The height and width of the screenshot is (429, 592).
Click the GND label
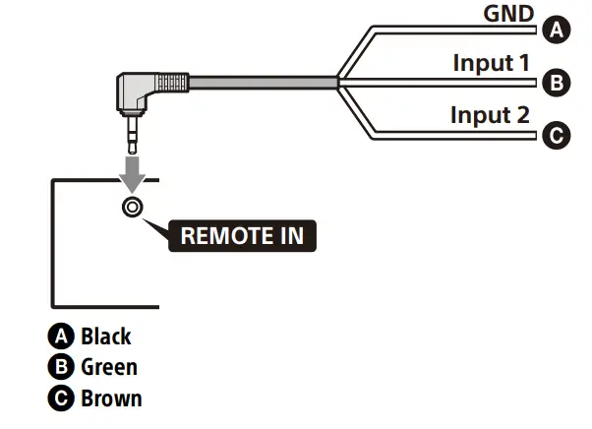[x=508, y=14]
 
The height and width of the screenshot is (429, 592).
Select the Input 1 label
[x=491, y=63]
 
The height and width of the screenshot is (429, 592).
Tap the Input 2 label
[x=490, y=115]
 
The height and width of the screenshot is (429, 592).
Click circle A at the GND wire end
[x=557, y=30]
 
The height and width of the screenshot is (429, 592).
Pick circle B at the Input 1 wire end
[x=557, y=83]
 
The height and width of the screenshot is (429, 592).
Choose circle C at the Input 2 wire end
[x=557, y=135]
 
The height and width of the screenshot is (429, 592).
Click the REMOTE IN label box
[x=242, y=235]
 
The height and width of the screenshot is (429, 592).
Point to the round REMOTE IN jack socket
[x=133, y=207]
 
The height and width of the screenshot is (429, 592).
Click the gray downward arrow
[x=132, y=174]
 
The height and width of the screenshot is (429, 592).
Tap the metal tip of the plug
[x=132, y=135]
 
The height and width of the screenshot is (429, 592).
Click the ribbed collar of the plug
[x=172, y=83]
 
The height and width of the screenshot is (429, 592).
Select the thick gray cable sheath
[x=264, y=83]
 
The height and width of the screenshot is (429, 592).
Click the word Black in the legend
[x=106, y=337]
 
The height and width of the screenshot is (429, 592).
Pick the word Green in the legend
[x=109, y=367]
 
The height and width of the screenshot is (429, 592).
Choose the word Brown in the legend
[x=112, y=398]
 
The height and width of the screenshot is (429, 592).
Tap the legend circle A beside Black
[x=61, y=337]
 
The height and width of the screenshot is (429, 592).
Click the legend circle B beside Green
[x=61, y=367]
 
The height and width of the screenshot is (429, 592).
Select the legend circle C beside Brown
[x=61, y=398]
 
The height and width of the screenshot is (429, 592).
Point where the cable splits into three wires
[x=338, y=83]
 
